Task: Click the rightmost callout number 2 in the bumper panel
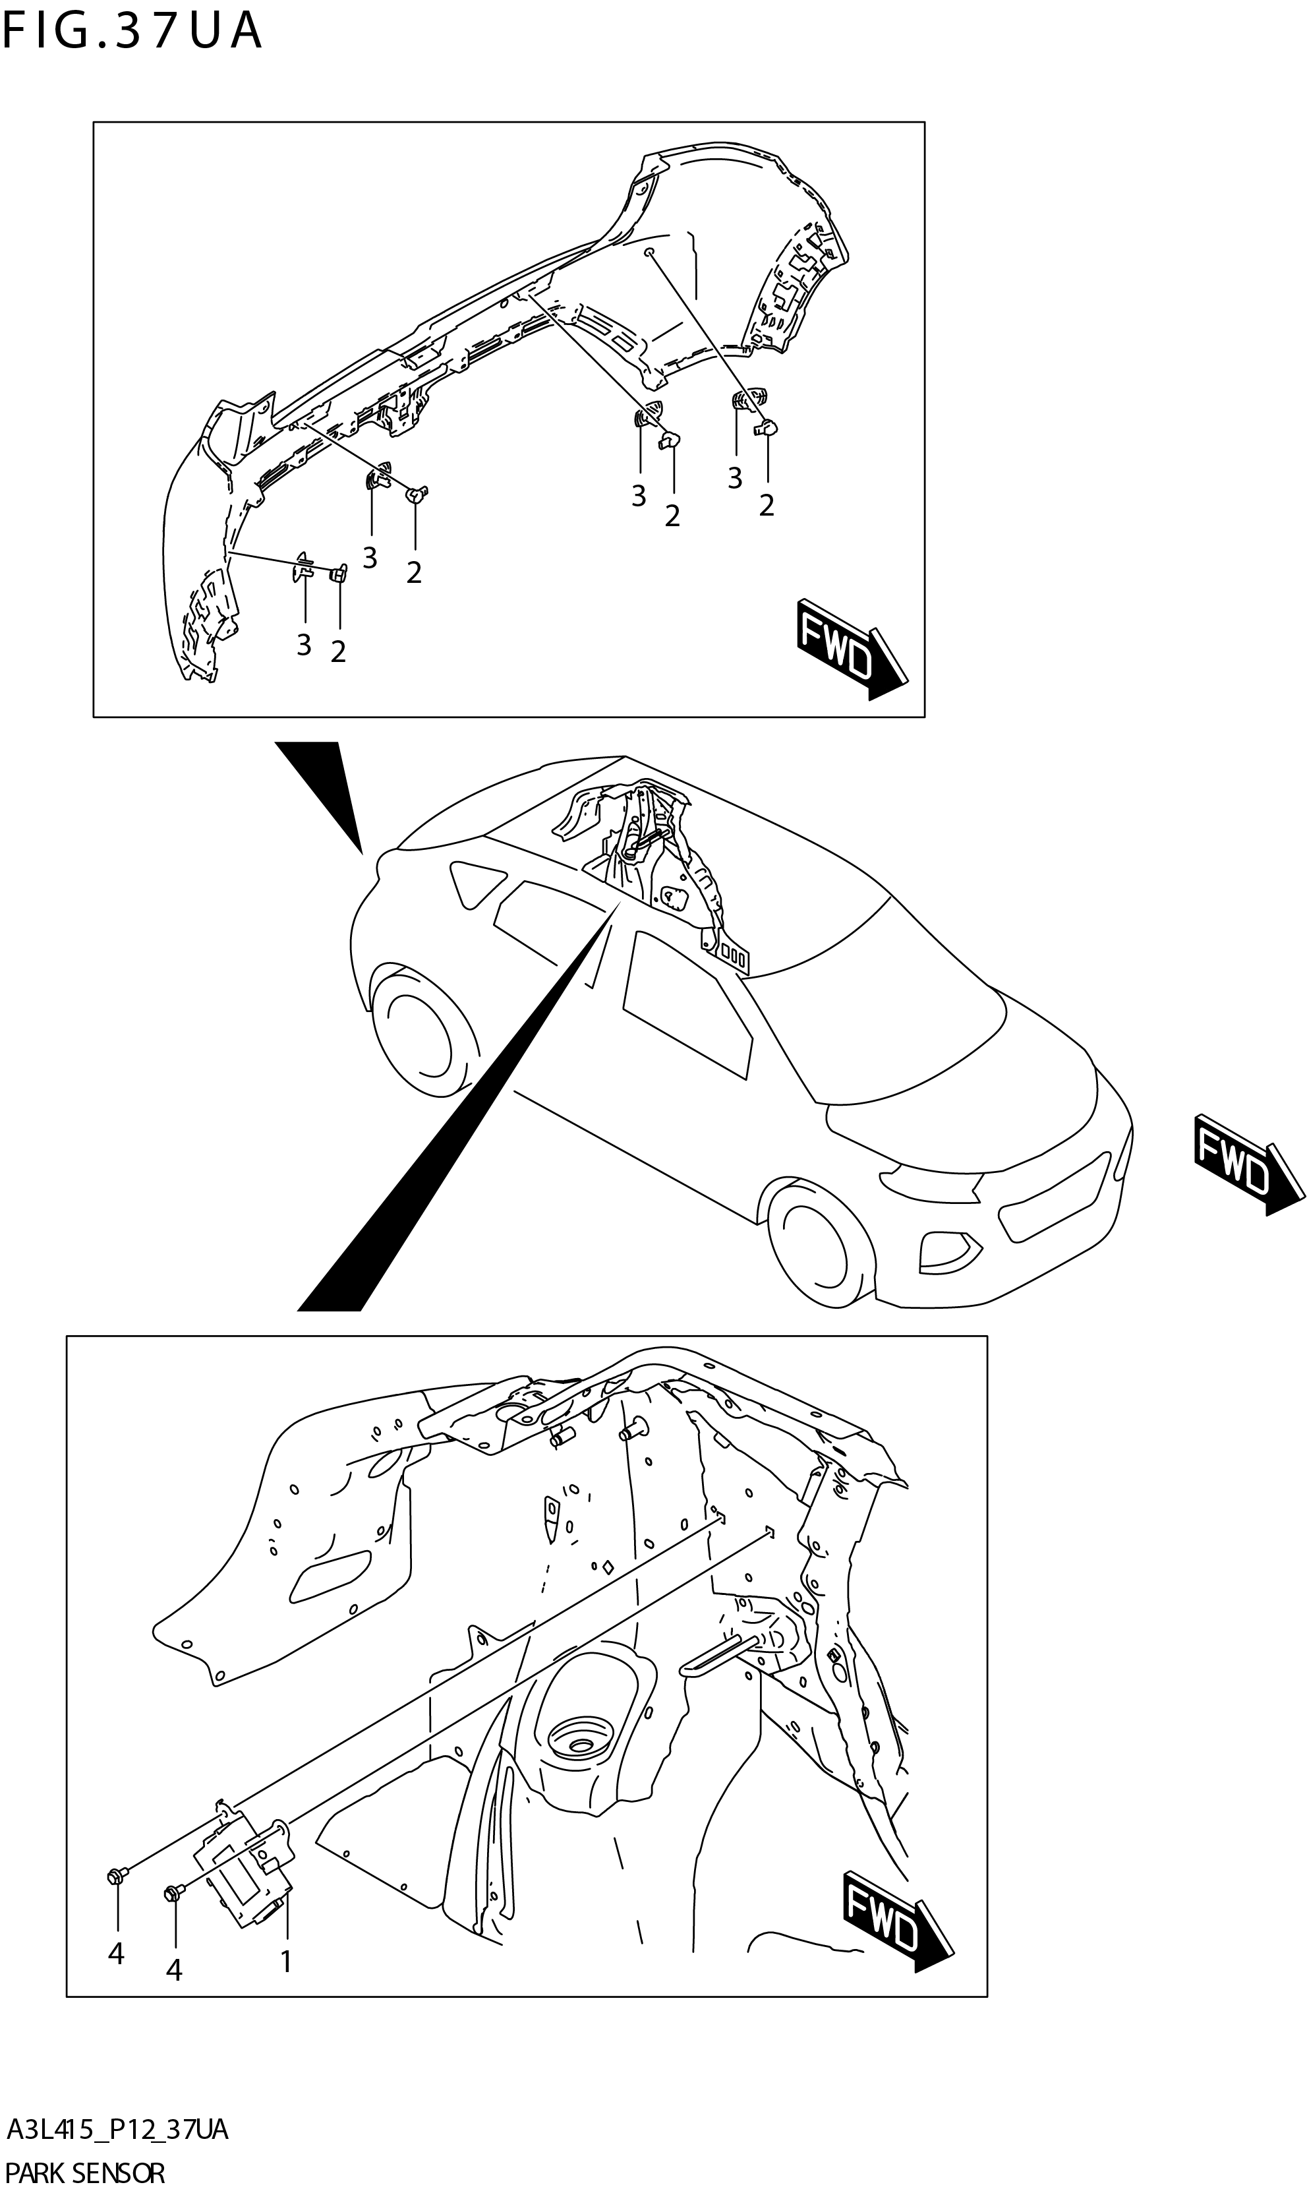click(x=767, y=506)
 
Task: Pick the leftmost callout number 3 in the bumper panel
click(x=304, y=645)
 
